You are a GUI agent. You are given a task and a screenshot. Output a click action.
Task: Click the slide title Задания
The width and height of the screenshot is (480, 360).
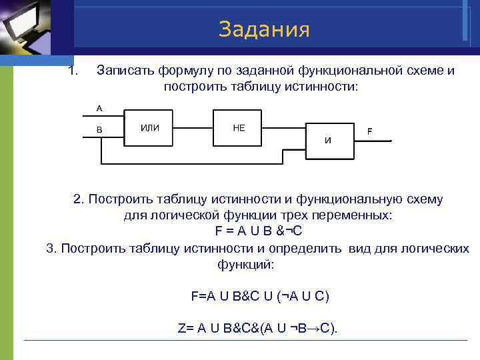point(264,29)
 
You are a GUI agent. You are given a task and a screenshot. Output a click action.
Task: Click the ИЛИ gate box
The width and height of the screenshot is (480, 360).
point(149,127)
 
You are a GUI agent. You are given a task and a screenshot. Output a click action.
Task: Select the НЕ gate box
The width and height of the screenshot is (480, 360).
point(239,127)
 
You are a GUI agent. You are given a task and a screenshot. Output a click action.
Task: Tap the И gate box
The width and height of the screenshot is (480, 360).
point(328,140)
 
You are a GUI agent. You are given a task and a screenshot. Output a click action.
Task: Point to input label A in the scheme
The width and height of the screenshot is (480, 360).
point(99,108)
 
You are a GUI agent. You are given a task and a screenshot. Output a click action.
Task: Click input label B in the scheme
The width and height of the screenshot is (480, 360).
point(99,130)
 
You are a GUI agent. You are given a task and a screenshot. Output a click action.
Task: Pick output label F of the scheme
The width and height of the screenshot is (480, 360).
point(369,131)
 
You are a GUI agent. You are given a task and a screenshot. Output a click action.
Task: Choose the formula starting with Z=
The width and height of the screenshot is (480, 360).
point(259,329)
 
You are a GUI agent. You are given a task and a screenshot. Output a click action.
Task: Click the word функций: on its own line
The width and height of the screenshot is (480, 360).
point(245,264)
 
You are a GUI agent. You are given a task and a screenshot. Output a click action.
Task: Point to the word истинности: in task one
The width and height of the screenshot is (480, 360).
point(323,87)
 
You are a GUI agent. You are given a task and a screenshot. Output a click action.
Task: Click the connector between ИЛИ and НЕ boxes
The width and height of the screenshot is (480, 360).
point(193,127)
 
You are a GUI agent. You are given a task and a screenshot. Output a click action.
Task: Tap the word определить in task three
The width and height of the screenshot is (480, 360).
point(311,249)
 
